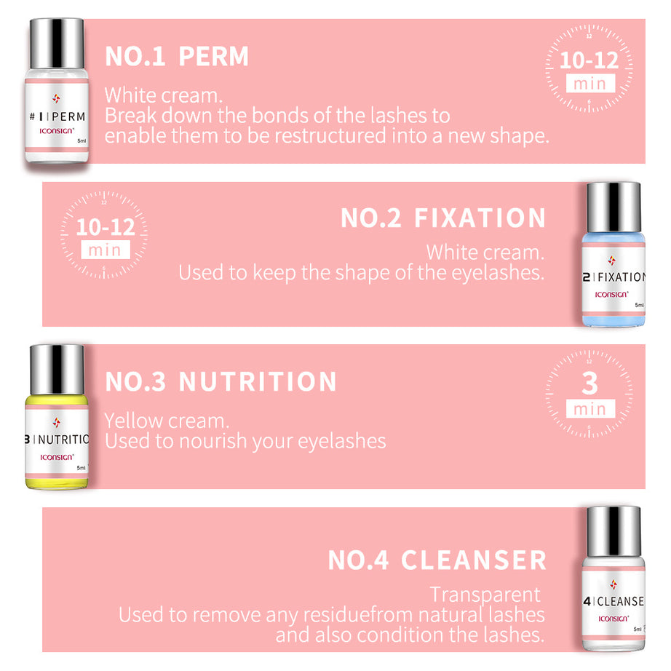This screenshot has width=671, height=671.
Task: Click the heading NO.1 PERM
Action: pyautogui.click(x=177, y=57)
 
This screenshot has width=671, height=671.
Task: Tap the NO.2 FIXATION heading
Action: pyautogui.click(x=443, y=218)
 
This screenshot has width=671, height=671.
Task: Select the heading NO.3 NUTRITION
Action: pyautogui.click(x=221, y=382)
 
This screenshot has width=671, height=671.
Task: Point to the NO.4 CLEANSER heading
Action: pyautogui.click(x=437, y=560)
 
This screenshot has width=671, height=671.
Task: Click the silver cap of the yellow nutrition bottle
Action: pyautogui.click(x=57, y=368)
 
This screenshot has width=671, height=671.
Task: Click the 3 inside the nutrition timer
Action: pyautogui.click(x=589, y=383)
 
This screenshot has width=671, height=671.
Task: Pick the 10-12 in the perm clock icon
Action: pyautogui.click(x=589, y=60)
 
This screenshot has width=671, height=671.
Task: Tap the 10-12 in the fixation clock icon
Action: pyautogui.click(x=106, y=227)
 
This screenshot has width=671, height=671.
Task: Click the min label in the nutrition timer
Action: pyautogui.click(x=589, y=409)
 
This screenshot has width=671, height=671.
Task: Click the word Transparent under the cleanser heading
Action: pyautogui.click(x=485, y=595)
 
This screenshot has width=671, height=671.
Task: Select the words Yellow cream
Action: pyautogui.click(x=167, y=421)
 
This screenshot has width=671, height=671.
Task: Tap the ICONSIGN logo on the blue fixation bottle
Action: pyautogui.click(x=610, y=294)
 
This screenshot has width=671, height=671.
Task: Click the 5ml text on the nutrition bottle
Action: pyautogui.click(x=82, y=468)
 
